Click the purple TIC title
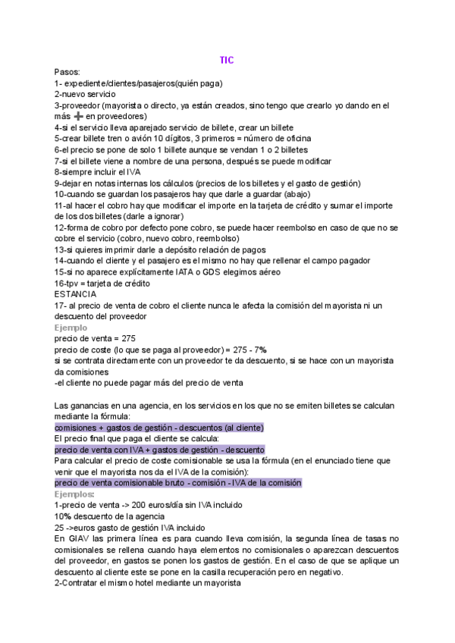click(227, 60)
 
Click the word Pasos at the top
click(67, 71)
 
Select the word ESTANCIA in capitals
click(75, 293)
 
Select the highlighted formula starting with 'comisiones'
click(158, 428)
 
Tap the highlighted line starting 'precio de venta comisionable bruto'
click(177, 482)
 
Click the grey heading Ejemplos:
click(74, 494)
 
